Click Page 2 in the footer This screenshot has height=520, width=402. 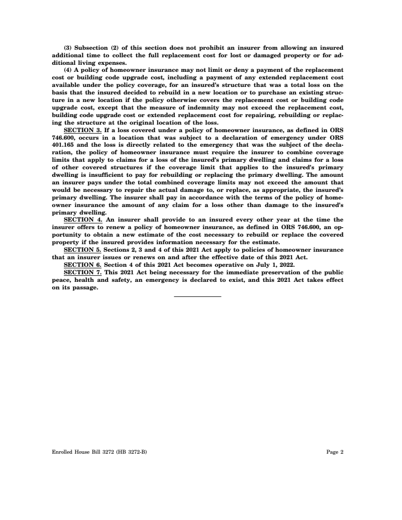pyautogui.click(x=335, y=452)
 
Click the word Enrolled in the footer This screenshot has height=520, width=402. pyautogui.click(x=62, y=452)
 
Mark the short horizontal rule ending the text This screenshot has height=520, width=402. pyautogui.click(x=197, y=296)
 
